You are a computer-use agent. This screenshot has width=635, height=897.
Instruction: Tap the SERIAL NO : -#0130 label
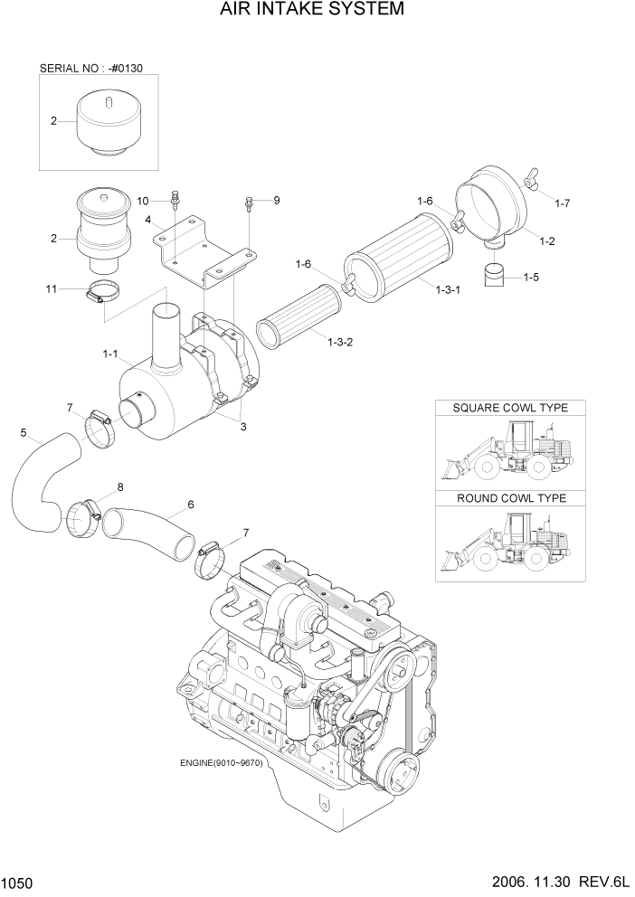(x=86, y=68)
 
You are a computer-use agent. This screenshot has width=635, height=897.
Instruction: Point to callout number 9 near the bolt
(x=277, y=200)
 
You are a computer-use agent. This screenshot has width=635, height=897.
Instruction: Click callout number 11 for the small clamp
(x=52, y=288)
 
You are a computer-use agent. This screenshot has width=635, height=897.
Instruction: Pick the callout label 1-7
(x=562, y=203)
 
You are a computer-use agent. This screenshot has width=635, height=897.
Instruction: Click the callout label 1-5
(x=532, y=279)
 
